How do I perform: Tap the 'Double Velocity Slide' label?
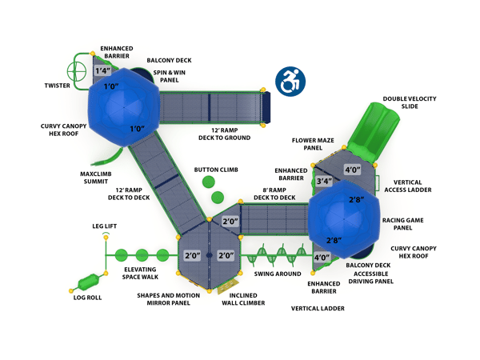click(x=409, y=102)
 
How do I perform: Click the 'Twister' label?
click(x=56, y=85)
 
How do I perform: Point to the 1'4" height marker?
click(x=102, y=71)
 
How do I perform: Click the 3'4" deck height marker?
click(x=323, y=182)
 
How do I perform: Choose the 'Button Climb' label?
click(x=216, y=170)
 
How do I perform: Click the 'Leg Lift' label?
click(x=104, y=226)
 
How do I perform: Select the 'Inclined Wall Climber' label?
click(x=239, y=299)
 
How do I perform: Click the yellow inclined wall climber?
click(x=229, y=284)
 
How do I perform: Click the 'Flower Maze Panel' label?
click(x=313, y=144)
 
